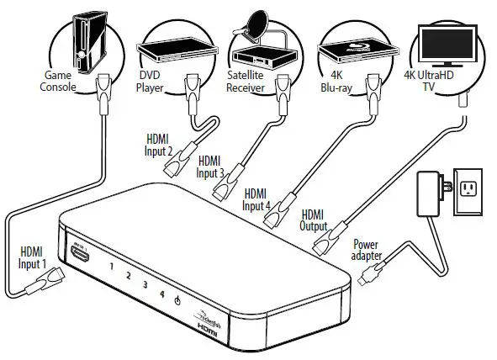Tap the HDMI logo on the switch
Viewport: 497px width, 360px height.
(209, 333)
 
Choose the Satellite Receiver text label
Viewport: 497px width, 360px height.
(247, 82)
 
